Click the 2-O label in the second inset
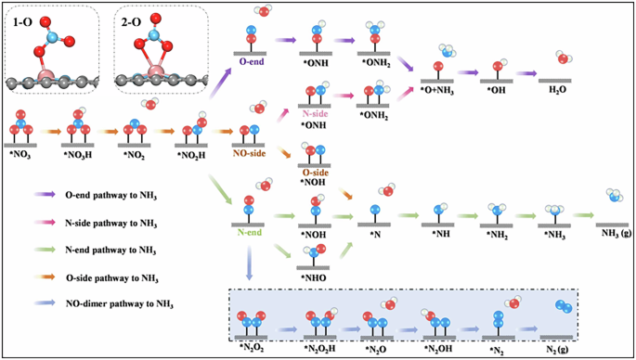coord(132,18)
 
